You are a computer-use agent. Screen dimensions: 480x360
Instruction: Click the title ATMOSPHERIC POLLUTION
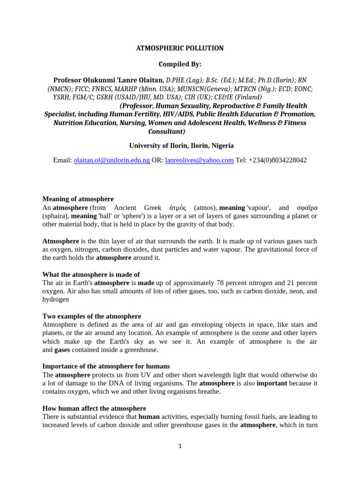(180, 48)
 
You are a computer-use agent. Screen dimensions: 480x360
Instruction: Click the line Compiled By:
(180, 64)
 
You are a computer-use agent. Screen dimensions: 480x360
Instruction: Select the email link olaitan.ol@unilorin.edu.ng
(112, 160)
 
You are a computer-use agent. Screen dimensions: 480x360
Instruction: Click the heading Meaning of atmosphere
(78, 199)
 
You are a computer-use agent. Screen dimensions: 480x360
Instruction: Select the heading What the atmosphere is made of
(91, 275)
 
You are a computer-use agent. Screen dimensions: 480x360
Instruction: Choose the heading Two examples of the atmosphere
(91, 316)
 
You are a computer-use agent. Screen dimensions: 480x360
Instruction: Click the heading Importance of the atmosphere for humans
(106, 366)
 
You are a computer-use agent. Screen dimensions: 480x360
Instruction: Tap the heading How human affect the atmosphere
(94, 408)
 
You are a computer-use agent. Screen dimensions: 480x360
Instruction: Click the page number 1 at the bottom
(180, 446)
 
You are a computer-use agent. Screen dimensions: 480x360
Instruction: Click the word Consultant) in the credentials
(180, 131)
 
